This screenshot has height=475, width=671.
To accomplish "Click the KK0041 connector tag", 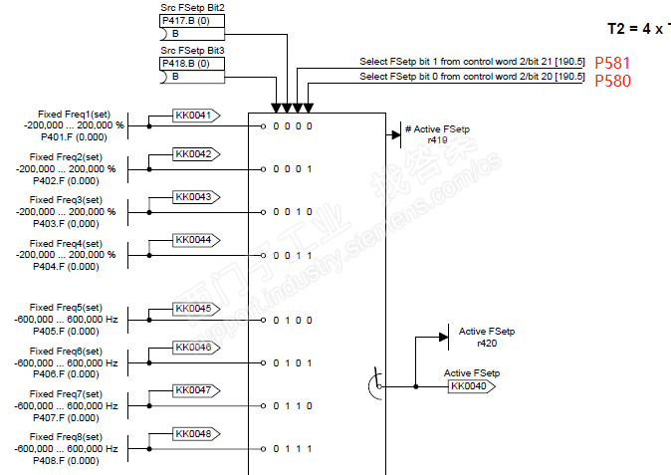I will point(194,116).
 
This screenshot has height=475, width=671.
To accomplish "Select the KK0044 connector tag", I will point(194,240).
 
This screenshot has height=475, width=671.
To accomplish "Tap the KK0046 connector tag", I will point(194,348).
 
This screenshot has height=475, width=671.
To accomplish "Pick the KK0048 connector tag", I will point(194,433).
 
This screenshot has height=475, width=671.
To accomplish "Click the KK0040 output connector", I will point(471,385).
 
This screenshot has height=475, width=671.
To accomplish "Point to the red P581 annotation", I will point(612,63).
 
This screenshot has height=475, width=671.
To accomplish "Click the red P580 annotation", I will point(612,81).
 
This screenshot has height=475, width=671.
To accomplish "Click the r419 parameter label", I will point(437,141).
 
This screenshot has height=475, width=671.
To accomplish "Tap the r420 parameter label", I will point(487,343).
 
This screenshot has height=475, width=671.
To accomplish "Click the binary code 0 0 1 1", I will point(296,255).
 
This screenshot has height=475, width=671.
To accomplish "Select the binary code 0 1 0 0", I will point(296,320).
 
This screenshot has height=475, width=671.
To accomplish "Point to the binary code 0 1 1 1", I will point(296,449).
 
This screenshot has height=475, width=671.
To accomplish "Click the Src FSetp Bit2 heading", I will point(192,7).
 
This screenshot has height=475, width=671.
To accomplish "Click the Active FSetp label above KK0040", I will point(471,372).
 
